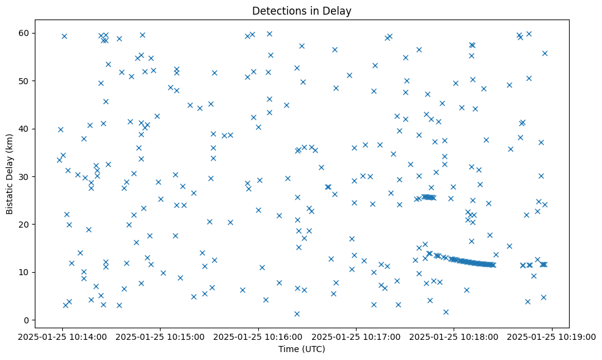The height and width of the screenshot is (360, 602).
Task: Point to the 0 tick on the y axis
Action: tap(27, 320)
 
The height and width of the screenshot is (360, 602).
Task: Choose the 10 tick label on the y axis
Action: tap(25, 272)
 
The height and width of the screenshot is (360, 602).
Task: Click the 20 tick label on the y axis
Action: tap(25, 224)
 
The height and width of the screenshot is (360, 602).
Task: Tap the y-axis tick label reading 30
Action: tap(25, 176)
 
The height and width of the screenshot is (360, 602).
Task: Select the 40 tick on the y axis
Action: tap(25, 129)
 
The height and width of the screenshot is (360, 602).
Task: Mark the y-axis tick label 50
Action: tap(25, 81)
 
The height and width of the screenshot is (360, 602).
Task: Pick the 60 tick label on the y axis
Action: tap(25, 33)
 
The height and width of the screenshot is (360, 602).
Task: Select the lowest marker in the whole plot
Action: tap(297, 314)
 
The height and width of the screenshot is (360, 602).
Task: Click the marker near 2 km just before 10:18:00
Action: tap(446, 312)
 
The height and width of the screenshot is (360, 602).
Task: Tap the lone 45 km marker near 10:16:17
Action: tap(286, 105)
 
